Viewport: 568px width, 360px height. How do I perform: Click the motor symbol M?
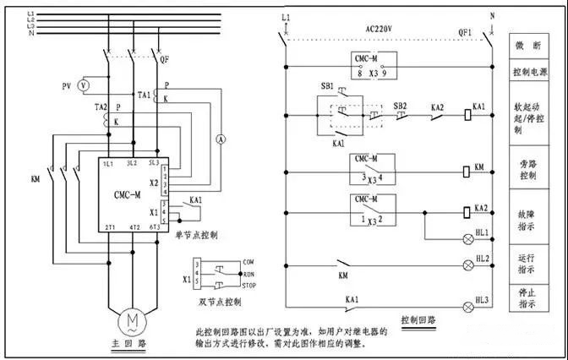pyautogui.click(x=132, y=319)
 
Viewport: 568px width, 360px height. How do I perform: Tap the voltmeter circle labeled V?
pyautogui.click(x=83, y=86)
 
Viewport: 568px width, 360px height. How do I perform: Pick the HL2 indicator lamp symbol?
pyautogui.click(x=467, y=265)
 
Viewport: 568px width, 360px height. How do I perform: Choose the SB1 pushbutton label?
pyautogui.click(x=326, y=87)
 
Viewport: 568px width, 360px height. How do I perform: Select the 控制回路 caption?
pyautogui.click(x=420, y=320)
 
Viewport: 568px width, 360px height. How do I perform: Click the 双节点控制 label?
pyautogui.click(x=220, y=301)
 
